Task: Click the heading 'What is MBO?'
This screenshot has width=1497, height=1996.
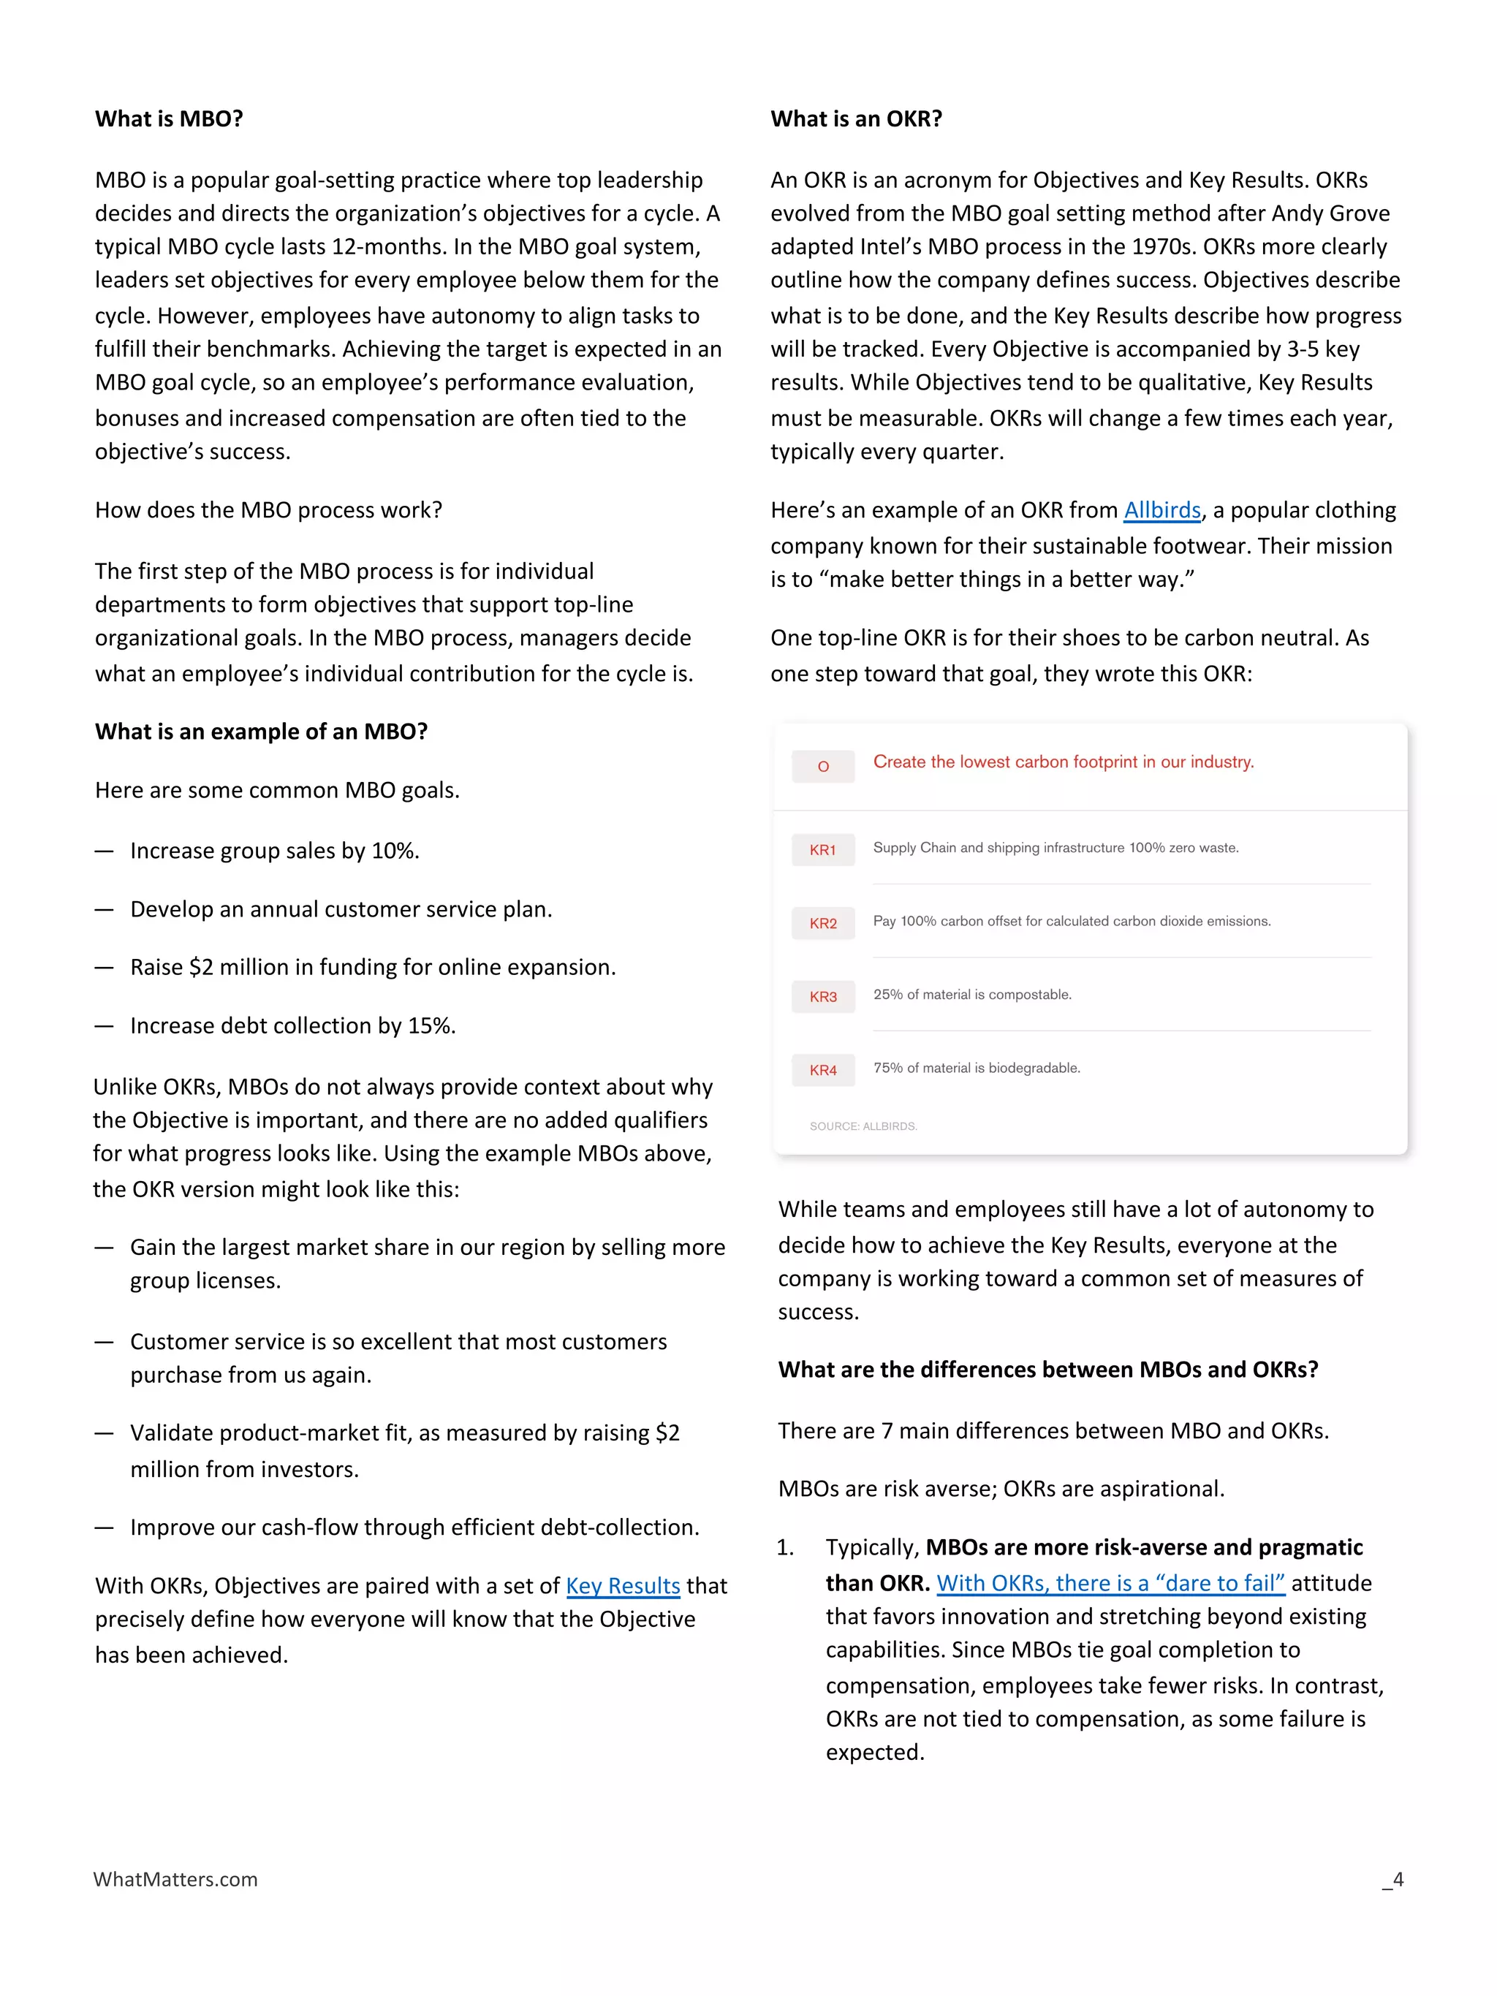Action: [x=169, y=119]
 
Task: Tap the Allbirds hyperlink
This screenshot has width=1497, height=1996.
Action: [x=1161, y=511]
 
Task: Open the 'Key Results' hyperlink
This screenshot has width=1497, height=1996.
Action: [x=623, y=1585]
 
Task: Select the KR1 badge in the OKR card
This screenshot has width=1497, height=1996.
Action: [x=822, y=850]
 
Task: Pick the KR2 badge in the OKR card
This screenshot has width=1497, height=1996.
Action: [x=822, y=923]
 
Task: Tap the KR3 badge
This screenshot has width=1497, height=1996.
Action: [x=822, y=996]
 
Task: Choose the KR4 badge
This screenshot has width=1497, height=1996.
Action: [x=822, y=1070]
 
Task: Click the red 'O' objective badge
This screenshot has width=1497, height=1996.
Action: [x=822, y=766]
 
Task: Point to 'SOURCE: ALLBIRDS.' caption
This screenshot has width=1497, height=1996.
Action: [x=863, y=1126]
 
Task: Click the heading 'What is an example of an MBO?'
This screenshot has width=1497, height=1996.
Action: [x=261, y=732]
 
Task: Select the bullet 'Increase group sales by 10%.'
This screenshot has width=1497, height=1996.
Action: [x=274, y=851]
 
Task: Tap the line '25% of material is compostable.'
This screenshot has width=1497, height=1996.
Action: [x=972, y=995]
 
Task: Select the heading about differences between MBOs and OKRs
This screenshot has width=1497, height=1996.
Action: [x=1047, y=1370]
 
